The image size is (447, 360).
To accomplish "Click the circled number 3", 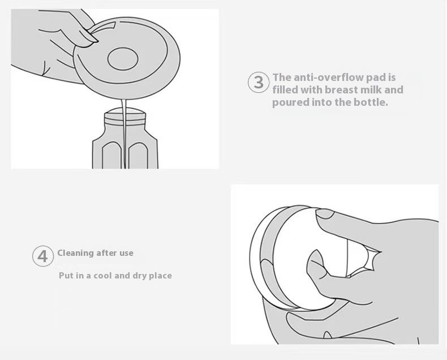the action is click(259, 82).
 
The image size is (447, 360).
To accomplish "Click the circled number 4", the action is click(43, 256).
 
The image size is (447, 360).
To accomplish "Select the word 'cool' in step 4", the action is click(103, 276).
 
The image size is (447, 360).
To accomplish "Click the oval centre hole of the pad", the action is click(123, 59).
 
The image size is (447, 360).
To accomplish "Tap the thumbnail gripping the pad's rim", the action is click(91, 36).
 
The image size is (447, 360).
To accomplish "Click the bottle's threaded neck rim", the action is click(125, 118).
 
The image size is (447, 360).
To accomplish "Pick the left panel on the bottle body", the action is click(111, 155).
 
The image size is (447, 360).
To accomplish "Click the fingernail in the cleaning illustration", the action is click(325, 213).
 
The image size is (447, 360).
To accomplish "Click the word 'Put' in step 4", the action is click(65, 276).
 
